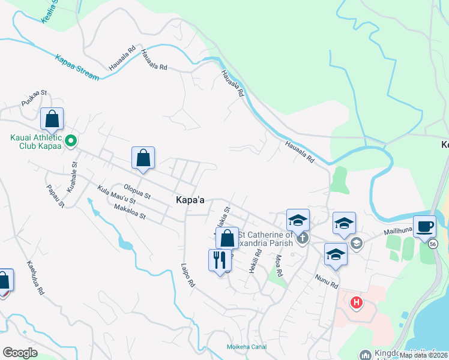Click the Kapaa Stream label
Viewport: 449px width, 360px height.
click(77, 68)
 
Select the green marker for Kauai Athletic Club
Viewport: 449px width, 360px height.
click(70, 142)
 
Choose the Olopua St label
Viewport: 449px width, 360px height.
click(137, 191)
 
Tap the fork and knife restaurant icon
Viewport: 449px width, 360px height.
click(220, 260)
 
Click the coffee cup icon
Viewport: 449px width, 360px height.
click(424, 226)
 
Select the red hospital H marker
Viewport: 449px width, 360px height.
click(357, 302)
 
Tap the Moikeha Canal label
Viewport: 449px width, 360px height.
click(242, 347)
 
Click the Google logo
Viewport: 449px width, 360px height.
click(20, 353)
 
